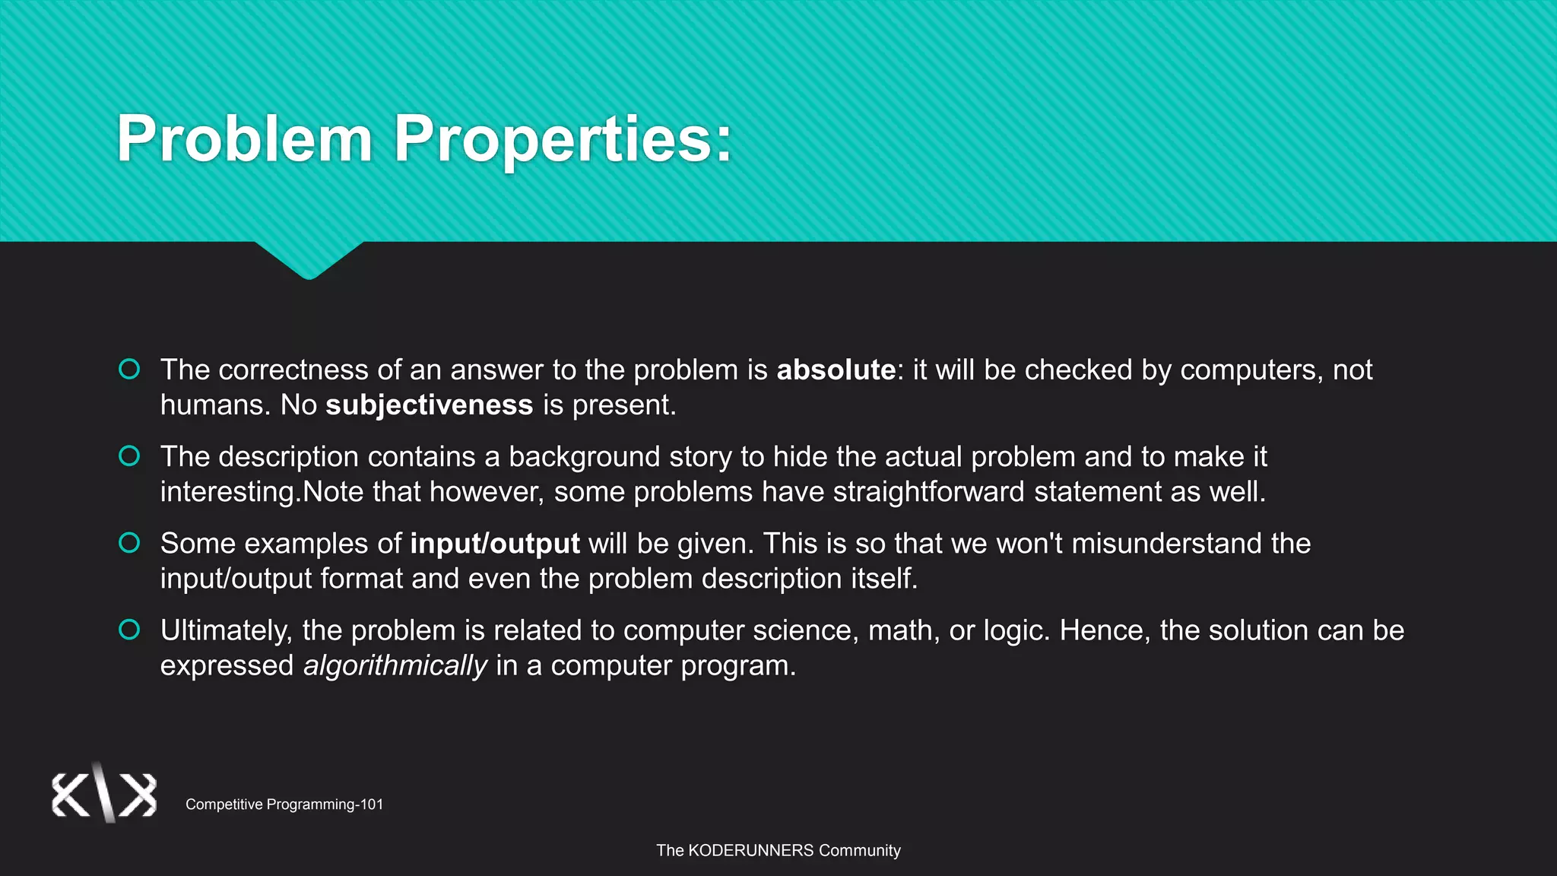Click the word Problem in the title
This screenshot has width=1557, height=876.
pyautogui.click(x=244, y=139)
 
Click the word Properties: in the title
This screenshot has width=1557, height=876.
pyautogui.click(x=563, y=139)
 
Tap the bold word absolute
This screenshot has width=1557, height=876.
pyautogui.click(x=836, y=370)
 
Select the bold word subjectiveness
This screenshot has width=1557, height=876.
pyautogui.click(x=430, y=405)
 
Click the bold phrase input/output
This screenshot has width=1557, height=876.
pyautogui.click(x=495, y=544)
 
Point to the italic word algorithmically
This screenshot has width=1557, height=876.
pyautogui.click(x=395, y=666)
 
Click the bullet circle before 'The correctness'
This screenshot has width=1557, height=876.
pyautogui.click(x=129, y=370)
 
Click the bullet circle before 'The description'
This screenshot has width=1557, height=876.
pyautogui.click(x=129, y=456)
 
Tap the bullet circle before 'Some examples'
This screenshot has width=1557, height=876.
pyautogui.click(x=129, y=543)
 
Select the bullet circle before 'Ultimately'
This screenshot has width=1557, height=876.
pyautogui.click(x=129, y=630)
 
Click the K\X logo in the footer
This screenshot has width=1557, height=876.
pyautogui.click(x=104, y=794)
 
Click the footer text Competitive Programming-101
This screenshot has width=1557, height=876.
pyautogui.click(x=284, y=805)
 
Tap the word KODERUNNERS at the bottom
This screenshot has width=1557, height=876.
pyautogui.click(x=750, y=851)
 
